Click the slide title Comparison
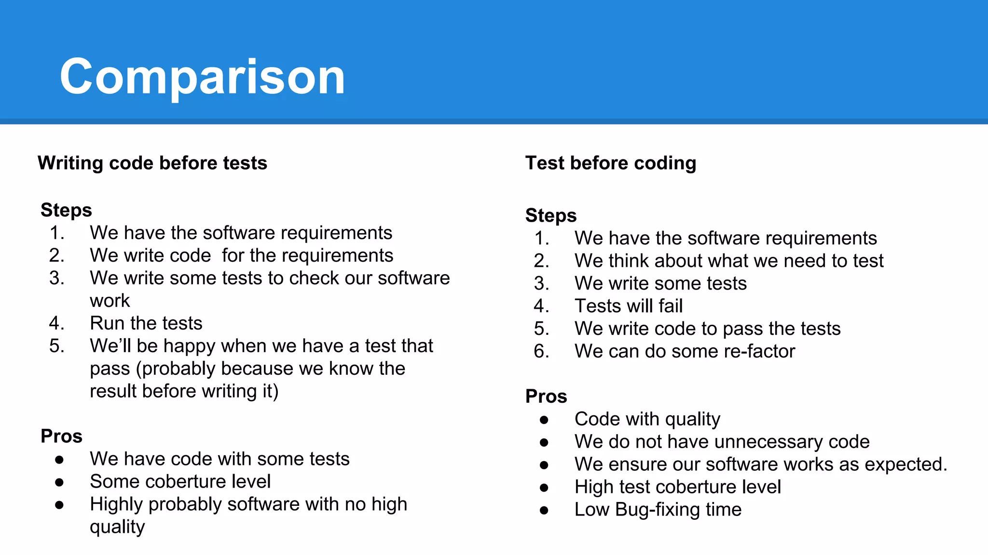[202, 77]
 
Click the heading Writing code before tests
[152, 163]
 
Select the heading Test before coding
[610, 163]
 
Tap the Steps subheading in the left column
[66, 210]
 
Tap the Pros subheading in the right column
[546, 396]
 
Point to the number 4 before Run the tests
[55, 323]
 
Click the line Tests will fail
[628, 306]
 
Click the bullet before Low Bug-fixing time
[544, 510]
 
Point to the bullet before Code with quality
[544, 419]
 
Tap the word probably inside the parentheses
[178, 369]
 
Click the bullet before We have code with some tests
[59, 459]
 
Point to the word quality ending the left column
[117, 527]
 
